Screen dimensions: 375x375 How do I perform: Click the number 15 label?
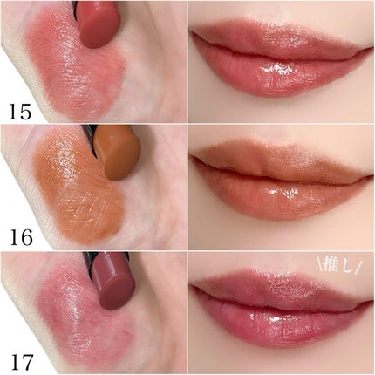point(20,112)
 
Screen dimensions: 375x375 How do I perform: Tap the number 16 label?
point(21,237)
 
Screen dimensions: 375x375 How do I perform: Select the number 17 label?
point(22,362)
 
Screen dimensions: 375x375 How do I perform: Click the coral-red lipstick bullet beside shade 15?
point(99,24)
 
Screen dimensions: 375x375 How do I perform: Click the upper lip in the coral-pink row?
point(279,42)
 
